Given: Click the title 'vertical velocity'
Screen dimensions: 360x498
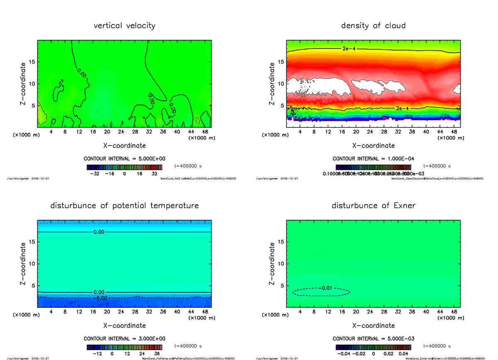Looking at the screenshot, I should point(124,26).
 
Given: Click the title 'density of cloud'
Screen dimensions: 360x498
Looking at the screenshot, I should point(373,26).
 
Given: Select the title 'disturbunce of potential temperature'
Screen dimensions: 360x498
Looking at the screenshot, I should point(124,206).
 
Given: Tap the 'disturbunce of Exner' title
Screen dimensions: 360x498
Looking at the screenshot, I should point(373,206).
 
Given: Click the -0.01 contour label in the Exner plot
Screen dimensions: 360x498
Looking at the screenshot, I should point(327,288).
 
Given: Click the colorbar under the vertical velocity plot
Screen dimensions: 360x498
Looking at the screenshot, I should point(124,167).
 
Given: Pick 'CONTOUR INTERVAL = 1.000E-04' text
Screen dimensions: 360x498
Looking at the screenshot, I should point(373,159).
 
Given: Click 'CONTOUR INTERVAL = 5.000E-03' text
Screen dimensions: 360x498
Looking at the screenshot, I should point(373,339).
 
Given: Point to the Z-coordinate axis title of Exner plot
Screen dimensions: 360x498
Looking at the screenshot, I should point(273,263).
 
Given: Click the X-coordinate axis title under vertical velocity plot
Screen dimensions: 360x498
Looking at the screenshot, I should point(124,146).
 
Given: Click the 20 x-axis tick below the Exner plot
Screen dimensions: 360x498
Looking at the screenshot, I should point(356,312).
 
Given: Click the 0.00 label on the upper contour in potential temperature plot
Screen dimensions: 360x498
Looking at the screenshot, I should point(99,232).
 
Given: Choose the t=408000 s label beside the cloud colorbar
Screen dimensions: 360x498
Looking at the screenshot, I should point(437,166).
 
